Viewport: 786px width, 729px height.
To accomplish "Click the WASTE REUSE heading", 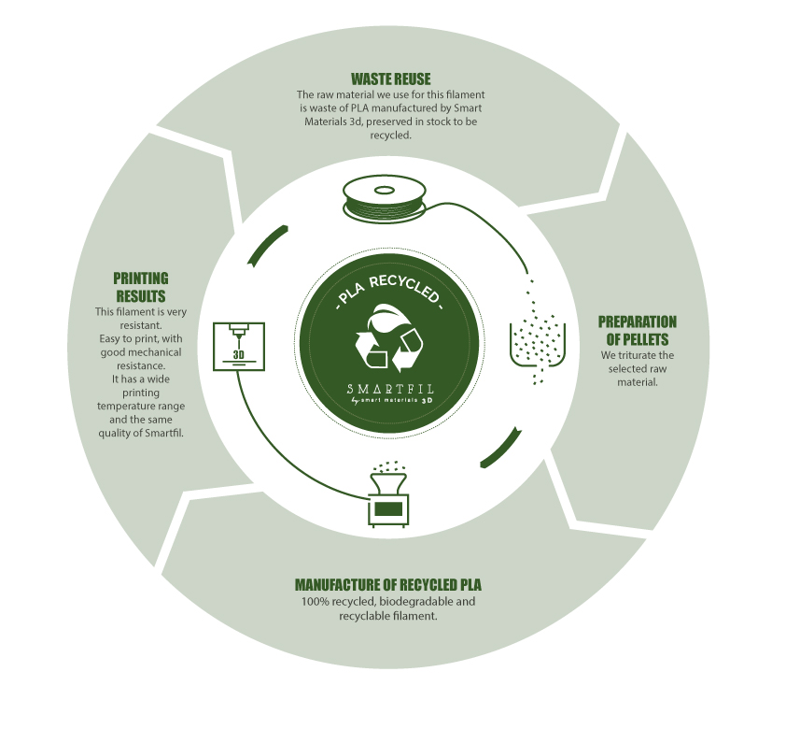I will click(x=390, y=79).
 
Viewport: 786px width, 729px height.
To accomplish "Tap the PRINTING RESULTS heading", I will click(x=140, y=287).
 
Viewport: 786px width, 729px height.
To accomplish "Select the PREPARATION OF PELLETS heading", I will click(x=637, y=330).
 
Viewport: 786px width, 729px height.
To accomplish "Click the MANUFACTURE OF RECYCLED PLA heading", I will click(x=388, y=585).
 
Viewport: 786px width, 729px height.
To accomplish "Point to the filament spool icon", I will click(x=385, y=199).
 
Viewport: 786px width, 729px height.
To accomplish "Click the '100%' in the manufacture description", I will click(x=316, y=601).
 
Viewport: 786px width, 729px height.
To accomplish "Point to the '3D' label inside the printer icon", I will click(x=239, y=354).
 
